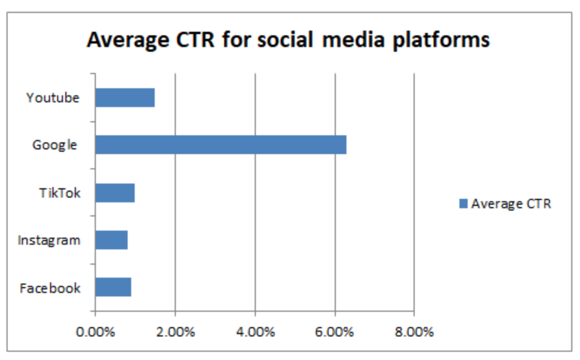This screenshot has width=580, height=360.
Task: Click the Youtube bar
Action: [125, 98]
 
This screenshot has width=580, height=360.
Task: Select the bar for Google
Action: [221, 145]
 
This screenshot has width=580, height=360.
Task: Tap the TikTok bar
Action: [115, 192]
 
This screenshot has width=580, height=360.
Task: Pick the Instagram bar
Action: [111, 240]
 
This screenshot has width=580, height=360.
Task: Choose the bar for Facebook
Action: [113, 287]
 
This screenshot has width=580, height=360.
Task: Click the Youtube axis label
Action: [52, 98]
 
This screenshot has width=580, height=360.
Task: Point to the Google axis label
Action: [55, 145]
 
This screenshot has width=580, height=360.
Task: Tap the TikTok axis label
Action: [59, 192]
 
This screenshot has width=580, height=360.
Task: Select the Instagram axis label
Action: [49, 240]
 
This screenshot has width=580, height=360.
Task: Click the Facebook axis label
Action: [50, 288]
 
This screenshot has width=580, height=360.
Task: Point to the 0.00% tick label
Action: [95, 332]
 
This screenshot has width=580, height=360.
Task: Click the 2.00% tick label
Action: [175, 332]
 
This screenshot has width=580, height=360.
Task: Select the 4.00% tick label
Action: [255, 332]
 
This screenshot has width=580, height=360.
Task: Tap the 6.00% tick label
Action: [335, 332]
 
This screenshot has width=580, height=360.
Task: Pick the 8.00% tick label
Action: [414, 332]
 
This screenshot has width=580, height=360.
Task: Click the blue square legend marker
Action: [463, 204]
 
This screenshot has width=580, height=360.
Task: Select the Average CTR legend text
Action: [511, 204]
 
